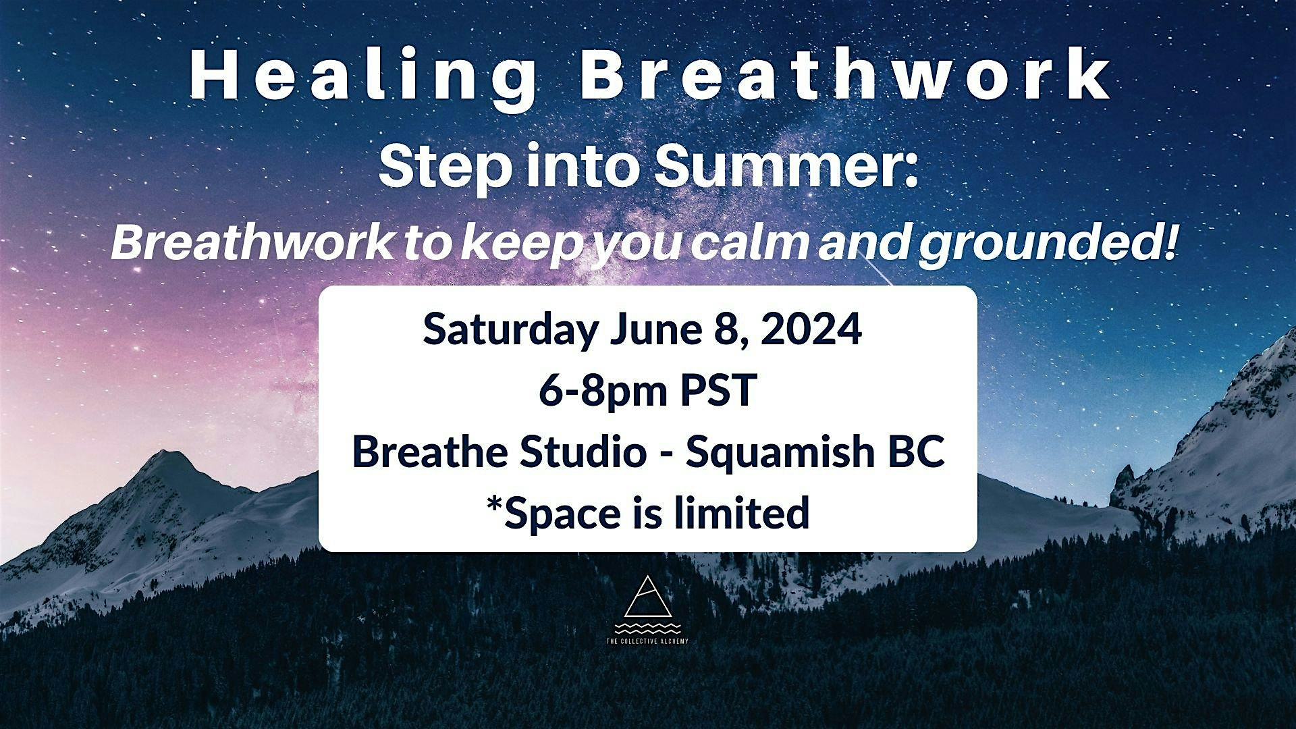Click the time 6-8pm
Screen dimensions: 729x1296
603,391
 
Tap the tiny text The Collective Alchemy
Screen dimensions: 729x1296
648,641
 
